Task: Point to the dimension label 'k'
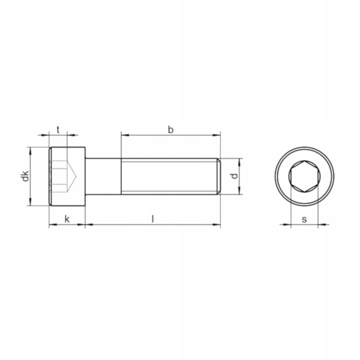pos(66,218)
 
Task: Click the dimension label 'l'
pos(152,218)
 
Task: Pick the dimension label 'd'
pos(232,176)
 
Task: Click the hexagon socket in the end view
pos(303,176)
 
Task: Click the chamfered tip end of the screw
pos(218,176)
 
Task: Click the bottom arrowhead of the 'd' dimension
pos(240,191)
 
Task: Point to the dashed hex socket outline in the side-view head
pos(59,176)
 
